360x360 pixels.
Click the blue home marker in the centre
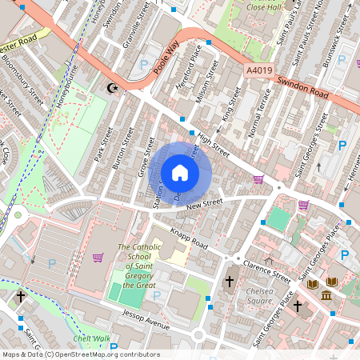pos(180,173)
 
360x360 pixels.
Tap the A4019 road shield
pos(258,71)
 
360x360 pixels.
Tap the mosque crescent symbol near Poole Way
pos(111,87)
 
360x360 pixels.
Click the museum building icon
pos(326,297)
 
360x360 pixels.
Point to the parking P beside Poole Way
pos(145,64)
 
